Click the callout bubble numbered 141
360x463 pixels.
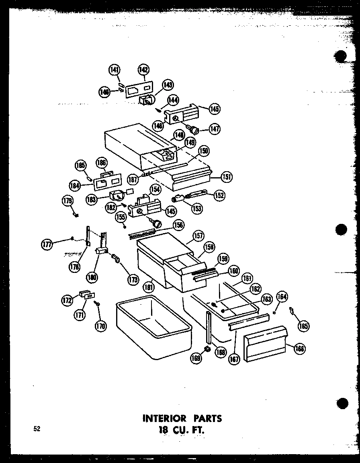click(115, 70)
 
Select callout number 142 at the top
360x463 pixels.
click(143, 70)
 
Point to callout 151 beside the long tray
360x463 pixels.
click(227, 176)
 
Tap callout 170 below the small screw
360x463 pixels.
click(100, 326)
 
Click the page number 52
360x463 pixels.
click(37, 429)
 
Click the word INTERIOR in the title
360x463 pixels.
click(163, 418)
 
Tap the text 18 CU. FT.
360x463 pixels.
click(182, 430)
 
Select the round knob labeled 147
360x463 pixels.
click(195, 130)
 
